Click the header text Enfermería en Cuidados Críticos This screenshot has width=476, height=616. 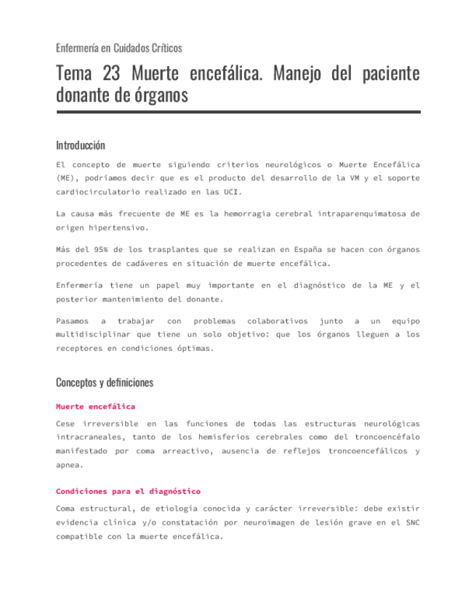point(118,48)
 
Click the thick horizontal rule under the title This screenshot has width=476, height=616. point(238,112)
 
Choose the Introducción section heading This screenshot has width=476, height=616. point(80,145)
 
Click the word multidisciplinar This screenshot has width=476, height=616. point(97,334)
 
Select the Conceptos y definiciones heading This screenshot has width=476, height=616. point(104,382)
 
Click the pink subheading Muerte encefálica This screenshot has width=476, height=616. point(95,406)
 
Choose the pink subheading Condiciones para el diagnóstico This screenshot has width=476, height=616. point(128,491)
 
